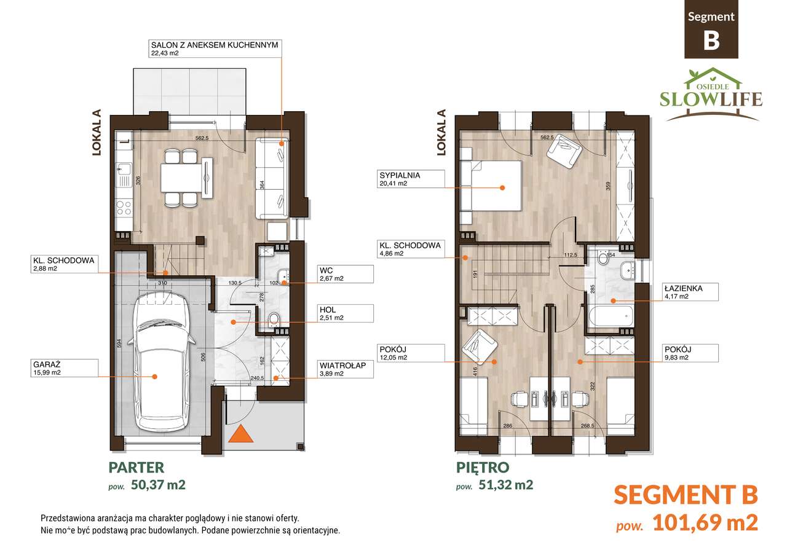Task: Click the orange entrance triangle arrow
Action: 241,434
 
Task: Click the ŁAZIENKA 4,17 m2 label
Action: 682,292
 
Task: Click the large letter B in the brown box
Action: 711,41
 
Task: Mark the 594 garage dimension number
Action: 118,345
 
